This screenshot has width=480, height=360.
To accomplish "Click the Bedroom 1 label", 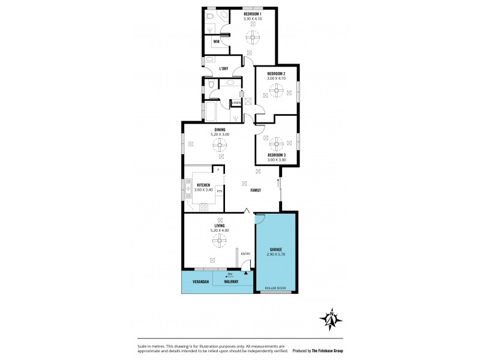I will (253, 14).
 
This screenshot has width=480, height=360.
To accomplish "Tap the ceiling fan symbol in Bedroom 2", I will (276, 91).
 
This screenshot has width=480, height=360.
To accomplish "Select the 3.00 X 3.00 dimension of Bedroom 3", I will (276, 160).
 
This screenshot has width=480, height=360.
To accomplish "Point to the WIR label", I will (216, 41).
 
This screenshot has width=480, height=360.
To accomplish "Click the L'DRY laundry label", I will (224, 68).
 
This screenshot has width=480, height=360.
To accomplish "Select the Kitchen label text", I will (202, 185).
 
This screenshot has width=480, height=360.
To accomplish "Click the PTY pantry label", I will (220, 191).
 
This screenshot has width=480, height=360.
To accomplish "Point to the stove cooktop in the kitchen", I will (203, 208).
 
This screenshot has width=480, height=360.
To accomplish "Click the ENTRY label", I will (245, 254).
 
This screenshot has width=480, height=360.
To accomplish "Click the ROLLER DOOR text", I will (276, 288).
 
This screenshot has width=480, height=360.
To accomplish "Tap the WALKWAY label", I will (230, 281).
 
